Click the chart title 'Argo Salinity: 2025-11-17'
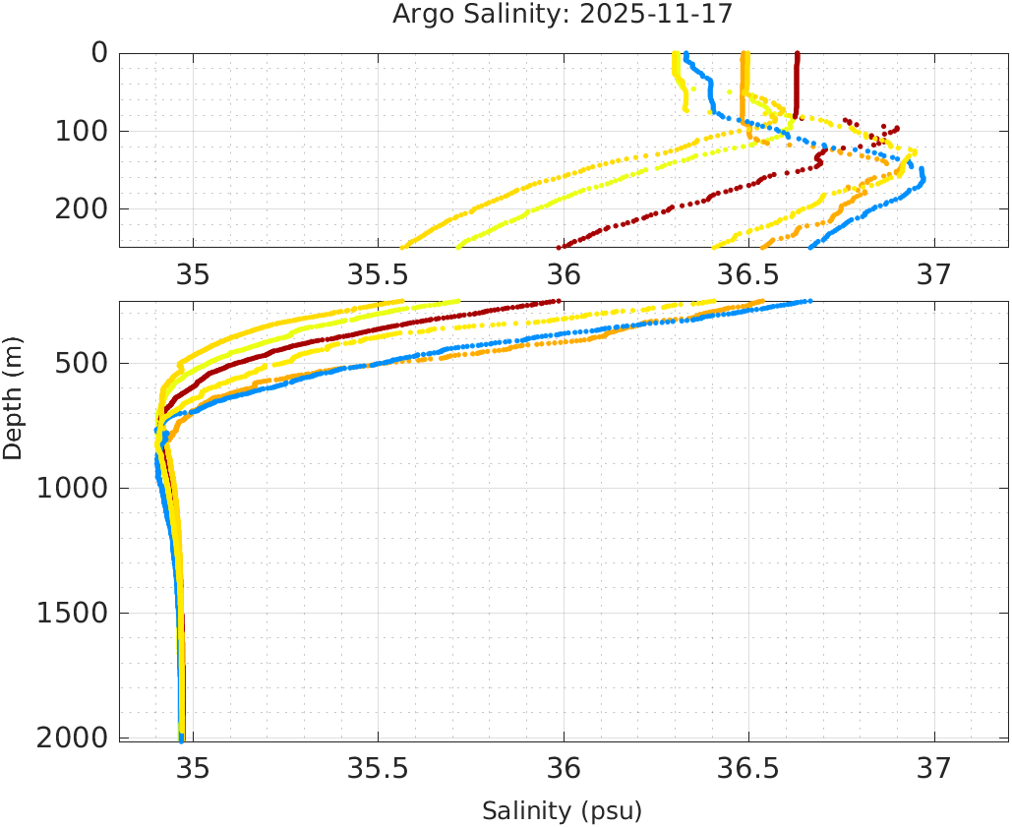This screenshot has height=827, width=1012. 562,15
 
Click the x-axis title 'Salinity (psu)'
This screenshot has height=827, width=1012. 562,811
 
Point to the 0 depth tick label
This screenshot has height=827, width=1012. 99,53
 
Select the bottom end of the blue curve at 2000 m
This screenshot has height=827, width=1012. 181,738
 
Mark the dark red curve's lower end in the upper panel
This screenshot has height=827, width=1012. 560,247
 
